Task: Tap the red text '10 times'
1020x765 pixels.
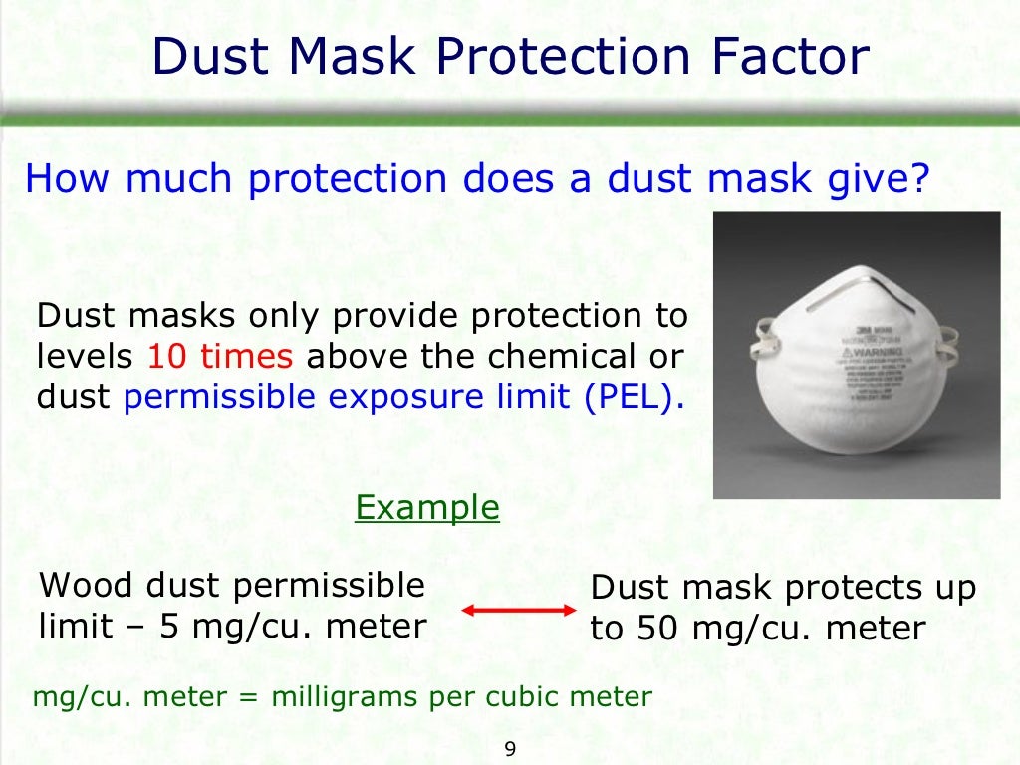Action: coord(220,357)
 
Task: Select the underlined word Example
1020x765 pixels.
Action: coord(427,508)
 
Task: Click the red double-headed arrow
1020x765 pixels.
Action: coord(521,609)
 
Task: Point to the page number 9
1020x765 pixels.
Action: coord(510,750)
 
